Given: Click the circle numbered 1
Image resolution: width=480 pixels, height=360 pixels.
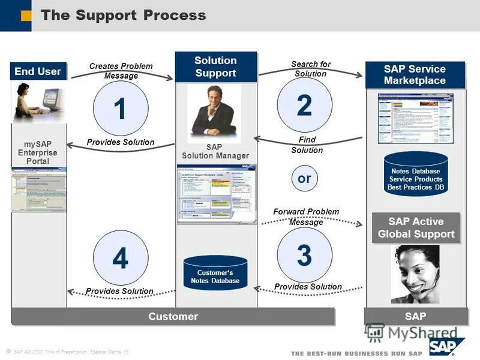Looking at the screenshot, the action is click(121, 109).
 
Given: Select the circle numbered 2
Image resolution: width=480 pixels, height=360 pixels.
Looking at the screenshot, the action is click(304, 105).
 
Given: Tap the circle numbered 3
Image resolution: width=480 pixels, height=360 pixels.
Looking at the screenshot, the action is click(304, 255).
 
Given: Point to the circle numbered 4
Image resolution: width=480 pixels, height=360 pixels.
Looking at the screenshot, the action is click(121, 259).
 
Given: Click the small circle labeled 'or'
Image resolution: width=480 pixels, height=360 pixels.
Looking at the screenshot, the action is click(304, 178).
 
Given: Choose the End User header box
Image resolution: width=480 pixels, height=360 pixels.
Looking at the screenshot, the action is click(38, 71).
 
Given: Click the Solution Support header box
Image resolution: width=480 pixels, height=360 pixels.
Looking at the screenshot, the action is click(215, 67).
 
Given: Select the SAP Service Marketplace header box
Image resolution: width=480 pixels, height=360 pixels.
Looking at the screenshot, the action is click(415, 75).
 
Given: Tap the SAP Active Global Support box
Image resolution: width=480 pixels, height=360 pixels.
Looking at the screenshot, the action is click(416, 228).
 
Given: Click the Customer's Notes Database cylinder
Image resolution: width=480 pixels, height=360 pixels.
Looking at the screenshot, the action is click(215, 273).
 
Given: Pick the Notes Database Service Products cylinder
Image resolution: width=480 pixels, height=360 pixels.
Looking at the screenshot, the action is click(416, 175).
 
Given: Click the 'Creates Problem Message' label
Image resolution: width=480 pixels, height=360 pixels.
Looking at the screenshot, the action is click(121, 71).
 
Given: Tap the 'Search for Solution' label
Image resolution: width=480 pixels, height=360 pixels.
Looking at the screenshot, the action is click(310, 68).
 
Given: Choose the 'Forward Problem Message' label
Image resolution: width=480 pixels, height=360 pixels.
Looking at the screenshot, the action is click(306, 217).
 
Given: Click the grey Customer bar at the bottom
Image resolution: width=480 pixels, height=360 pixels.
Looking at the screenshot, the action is click(173, 316).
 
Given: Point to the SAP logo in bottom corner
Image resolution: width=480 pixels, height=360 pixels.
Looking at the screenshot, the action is click(447, 346).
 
